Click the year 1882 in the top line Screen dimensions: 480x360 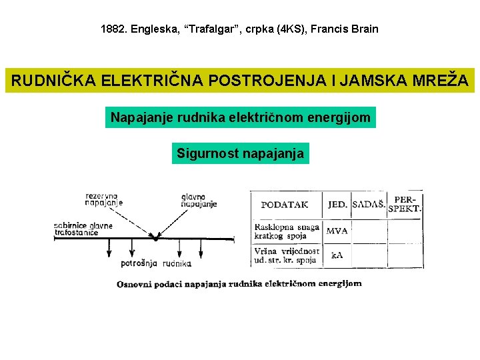tap(113, 29)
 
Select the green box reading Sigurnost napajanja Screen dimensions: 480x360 tap(240, 154)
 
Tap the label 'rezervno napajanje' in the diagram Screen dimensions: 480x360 tap(103, 199)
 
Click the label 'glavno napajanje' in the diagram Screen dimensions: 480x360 tap(199, 200)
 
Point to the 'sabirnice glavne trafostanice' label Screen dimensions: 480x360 tap(83, 229)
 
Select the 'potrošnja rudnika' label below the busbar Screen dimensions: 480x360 tap(156, 263)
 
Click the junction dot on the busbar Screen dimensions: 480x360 tap(156, 237)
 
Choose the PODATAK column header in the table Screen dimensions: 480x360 tap(285, 205)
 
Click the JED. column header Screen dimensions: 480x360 tap(337, 205)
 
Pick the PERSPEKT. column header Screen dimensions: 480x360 tap(405, 203)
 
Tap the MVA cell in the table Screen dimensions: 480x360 tap(337, 231)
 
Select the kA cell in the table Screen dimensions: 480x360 tap(337, 255)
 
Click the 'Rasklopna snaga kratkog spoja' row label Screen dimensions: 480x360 tap(286, 231)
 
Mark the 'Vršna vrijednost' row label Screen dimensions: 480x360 tap(286, 255)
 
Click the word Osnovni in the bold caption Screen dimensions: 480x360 tap(137, 284)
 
